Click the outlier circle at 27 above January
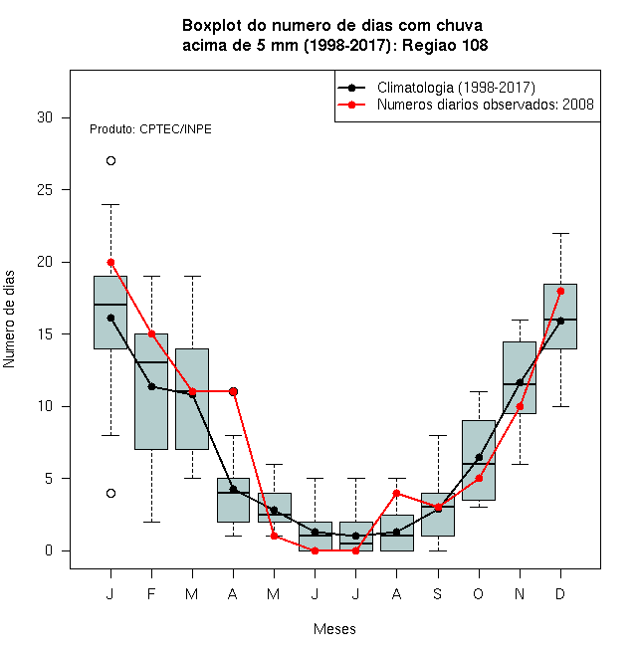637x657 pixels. [x=110, y=161]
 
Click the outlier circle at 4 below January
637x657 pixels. [x=110, y=493]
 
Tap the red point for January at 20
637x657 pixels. [x=110, y=262]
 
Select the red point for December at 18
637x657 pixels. [x=560, y=292]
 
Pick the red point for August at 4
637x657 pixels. [x=397, y=493]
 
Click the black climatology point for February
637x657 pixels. [x=151, y=386]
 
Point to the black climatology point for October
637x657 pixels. [x=479, y=457]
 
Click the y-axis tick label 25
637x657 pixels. [x=45, y=190]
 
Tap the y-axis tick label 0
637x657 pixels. [x=49, y=550]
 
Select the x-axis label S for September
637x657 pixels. [x=438, y=594]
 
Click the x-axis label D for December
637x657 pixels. [x=560, y=594]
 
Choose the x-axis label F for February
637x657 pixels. [x=151, y=594]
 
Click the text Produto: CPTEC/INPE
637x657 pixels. [x=150, y=129]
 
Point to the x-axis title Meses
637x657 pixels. [x=334, y=629]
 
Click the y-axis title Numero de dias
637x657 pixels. [x=9, y=320]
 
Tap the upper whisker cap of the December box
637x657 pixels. [x=560, y=233]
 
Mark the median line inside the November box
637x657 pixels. [x=520, y=384]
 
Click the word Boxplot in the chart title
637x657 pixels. [x=212, y=26]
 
